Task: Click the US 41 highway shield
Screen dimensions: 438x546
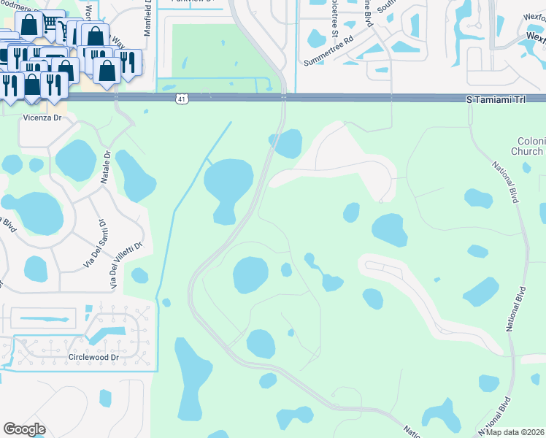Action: click(x=180, y=97)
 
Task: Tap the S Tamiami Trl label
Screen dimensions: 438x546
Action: click(x=496, y=98)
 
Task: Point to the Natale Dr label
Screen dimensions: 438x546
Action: click(x=106, y=168)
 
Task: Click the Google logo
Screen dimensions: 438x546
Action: click(x=24, y=429)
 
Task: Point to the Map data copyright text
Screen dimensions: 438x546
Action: click(x=515, y=432)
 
